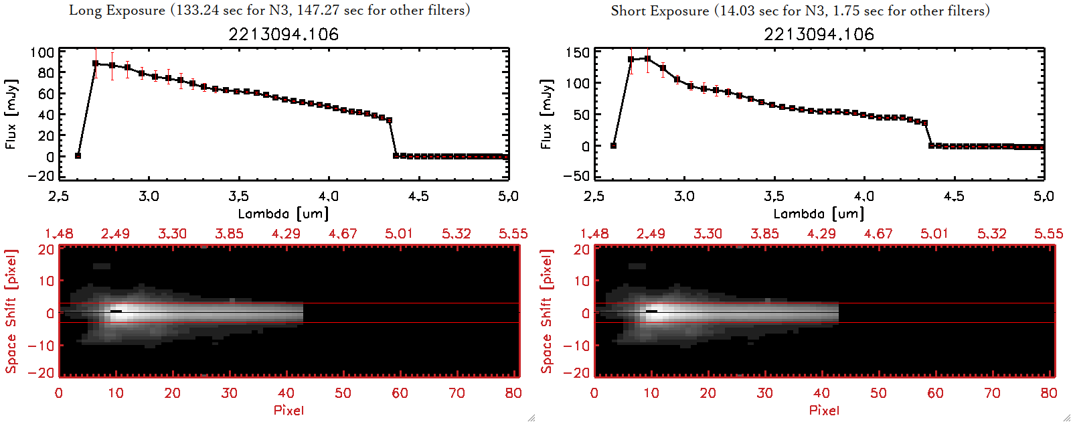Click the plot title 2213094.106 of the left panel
point(283,34)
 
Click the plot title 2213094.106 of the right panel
point(819,34)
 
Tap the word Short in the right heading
point(628,11)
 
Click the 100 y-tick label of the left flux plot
point(42,53)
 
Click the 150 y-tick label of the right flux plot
point(578,53)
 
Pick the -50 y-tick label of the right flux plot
point(575,176)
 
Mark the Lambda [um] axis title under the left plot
point(283,214)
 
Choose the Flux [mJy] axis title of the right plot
point(547,114)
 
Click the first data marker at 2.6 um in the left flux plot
point(78,156)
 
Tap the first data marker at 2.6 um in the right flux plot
point(614,145)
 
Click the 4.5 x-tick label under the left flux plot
point(418,196)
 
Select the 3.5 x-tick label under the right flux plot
point(774,196)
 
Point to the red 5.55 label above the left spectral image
point(513,234)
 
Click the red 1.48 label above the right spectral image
point(594,234)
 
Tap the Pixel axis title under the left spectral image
point(289,410)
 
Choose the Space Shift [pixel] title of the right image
point(547,311)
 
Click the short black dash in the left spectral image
point(116,311)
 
